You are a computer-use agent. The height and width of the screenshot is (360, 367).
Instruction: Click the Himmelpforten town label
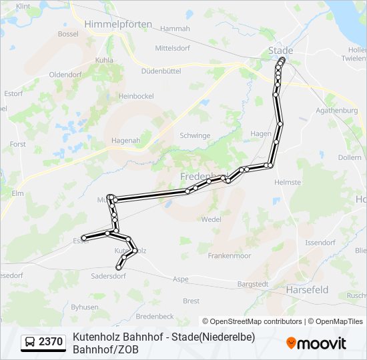tap(118, 24)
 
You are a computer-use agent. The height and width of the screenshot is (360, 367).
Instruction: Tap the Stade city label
tap(280, 50)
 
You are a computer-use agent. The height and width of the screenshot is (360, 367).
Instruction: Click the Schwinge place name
tap(195, 135)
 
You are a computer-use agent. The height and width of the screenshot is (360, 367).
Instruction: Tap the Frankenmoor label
tap(229, 256)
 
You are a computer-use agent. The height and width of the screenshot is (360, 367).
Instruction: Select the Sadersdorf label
tap(109, 275)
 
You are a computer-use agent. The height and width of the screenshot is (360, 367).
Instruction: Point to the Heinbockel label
tap(135, 96)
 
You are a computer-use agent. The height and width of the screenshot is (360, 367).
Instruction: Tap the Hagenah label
tap(125, 140)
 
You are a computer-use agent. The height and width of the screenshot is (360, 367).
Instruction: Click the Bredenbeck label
tap(154, 316)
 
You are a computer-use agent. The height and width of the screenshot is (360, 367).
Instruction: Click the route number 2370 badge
tap(51, 342)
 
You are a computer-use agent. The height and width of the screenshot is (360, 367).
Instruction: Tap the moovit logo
tap(316, 343)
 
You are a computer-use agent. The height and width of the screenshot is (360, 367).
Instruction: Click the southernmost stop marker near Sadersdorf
tap(119, 267)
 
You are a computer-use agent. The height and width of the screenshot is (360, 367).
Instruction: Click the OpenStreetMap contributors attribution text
tap(252, 321)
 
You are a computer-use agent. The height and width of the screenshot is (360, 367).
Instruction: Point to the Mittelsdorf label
tap(173, 48)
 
